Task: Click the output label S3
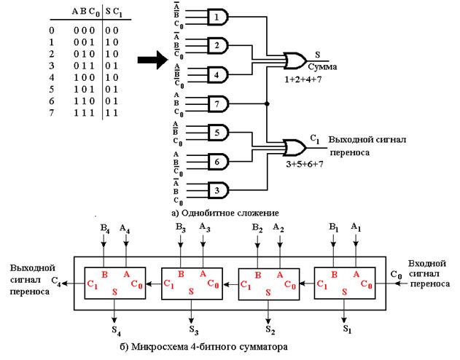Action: (x=191, y=321)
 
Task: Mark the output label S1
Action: (x=346, y=329)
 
